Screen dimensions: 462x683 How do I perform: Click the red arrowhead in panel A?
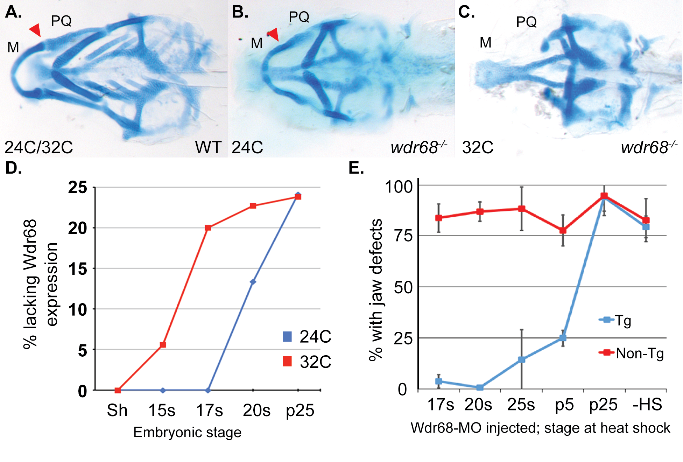pyautogui.click(x=35, y=30)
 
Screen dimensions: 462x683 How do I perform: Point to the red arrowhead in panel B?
pyautogui.click(x=273, y=34)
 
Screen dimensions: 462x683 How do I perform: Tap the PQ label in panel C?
pyautogui.click(x=526, y=22)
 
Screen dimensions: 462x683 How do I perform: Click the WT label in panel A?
pyautogui.click(x=208, y=147)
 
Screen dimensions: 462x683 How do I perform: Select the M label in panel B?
pyautogui.click(x=257, y=43)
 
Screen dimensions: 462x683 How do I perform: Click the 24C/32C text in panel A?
pyautogui.click(x=38, y=147)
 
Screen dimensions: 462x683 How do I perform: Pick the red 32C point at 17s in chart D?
pyautogui.click(x=208, y=228)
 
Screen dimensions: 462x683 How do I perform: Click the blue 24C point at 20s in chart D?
pyautogui.click(x=253, y=282)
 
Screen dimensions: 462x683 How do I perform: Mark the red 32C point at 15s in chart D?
pyautogui.click(x=163, y=345)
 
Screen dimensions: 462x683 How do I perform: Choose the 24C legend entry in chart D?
pyautogui.click(x=307, y=337)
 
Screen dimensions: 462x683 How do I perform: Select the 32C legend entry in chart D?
pyautogui.click(x=307, y=362)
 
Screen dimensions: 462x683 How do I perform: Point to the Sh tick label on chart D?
pyautogui.click(x=117, y=411)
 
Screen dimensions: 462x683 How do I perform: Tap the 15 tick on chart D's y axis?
pyautogui.click(x=78, y=269)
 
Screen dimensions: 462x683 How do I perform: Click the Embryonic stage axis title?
pyautogui.click(x=187, y=432)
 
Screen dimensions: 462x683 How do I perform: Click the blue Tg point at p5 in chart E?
pyautogui.click(x=563, y=338)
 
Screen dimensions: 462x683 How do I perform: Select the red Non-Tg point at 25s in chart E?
pyautogui.click(x=521, y=209)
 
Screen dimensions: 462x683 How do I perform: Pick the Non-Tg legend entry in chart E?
pyautogui.click(x=632, y=353)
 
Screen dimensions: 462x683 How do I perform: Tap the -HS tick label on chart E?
pyautogui.click(x=647, y=405)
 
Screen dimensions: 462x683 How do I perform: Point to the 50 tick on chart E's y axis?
pyautogui.click(x=403, y=287)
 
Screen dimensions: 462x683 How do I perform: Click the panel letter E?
pyautogui.click(x=356, y=168)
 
